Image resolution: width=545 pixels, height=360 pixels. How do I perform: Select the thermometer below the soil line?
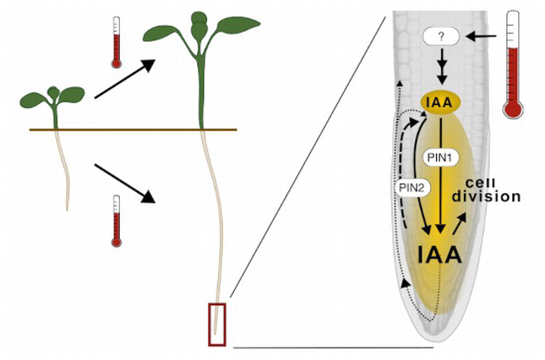[117, 220]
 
